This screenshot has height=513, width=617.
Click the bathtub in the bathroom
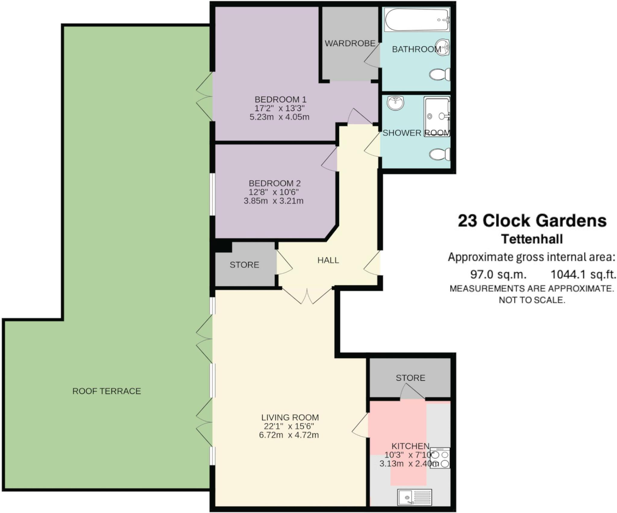click(417, 20)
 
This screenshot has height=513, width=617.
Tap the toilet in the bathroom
click(440, 74)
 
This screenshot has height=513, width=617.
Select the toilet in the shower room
click(440, 154)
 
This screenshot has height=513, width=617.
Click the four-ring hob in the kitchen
click(440, 458)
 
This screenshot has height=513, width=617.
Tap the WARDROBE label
click(350, 43)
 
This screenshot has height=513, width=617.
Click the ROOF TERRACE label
click(107, 391)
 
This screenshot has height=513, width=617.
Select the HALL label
click(328, 260)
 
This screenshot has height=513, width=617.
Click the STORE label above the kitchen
click(410, 378)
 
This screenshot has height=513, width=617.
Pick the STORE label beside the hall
click(244, 265)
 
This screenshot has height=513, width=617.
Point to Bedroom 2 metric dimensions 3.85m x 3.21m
click(273, 201)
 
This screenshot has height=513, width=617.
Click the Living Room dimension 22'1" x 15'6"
click(289, 426)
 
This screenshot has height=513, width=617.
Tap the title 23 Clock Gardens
click(532, 221)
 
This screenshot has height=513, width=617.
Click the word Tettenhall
click(532, 239)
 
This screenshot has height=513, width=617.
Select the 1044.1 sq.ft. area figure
click(583, 274)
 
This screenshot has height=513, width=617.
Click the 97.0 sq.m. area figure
click(498, 274)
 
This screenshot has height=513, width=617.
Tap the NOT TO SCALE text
click(532, 300)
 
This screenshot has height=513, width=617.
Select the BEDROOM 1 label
click(280, 99)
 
